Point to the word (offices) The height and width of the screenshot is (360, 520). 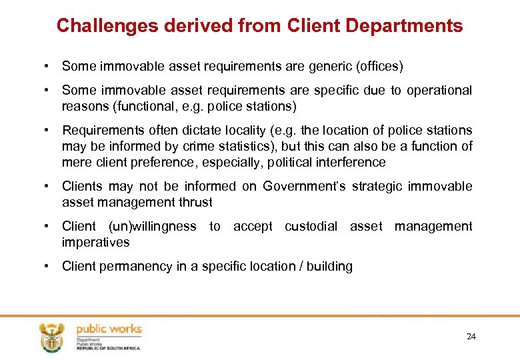[x=379, y=66]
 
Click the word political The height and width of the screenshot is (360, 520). [x=303, y=162]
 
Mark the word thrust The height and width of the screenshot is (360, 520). [x=197, y=202]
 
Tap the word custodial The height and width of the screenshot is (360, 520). [x=311, y=226]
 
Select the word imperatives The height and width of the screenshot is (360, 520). [x=95, y=242]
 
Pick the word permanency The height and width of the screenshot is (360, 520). [x=134, y=266]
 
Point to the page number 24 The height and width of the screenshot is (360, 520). [x=471, y=337]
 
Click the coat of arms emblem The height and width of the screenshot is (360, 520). [x=51, y=337]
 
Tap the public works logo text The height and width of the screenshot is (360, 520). [x=109, y=329]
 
